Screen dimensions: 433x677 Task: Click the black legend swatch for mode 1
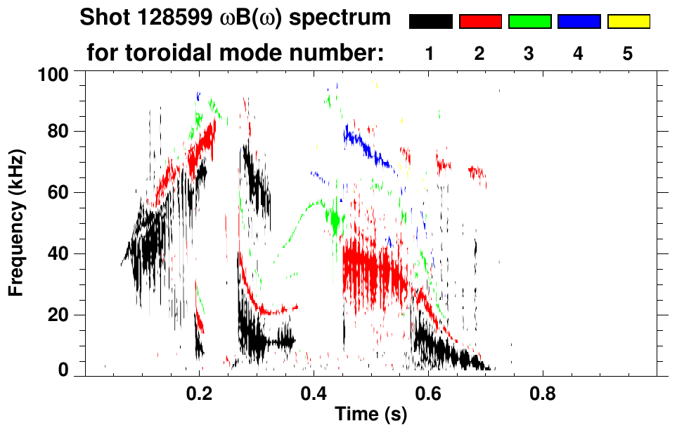point(430,22)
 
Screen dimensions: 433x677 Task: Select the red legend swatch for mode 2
point(480,22)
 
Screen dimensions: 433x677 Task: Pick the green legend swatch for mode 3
point(529,22)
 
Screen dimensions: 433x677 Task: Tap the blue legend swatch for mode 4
point(579,22)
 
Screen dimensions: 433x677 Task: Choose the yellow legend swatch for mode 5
point(628,22)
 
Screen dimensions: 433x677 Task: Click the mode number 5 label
point(628,54)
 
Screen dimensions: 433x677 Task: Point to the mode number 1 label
point(430,54)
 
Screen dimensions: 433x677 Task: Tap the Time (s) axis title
point(370,414)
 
